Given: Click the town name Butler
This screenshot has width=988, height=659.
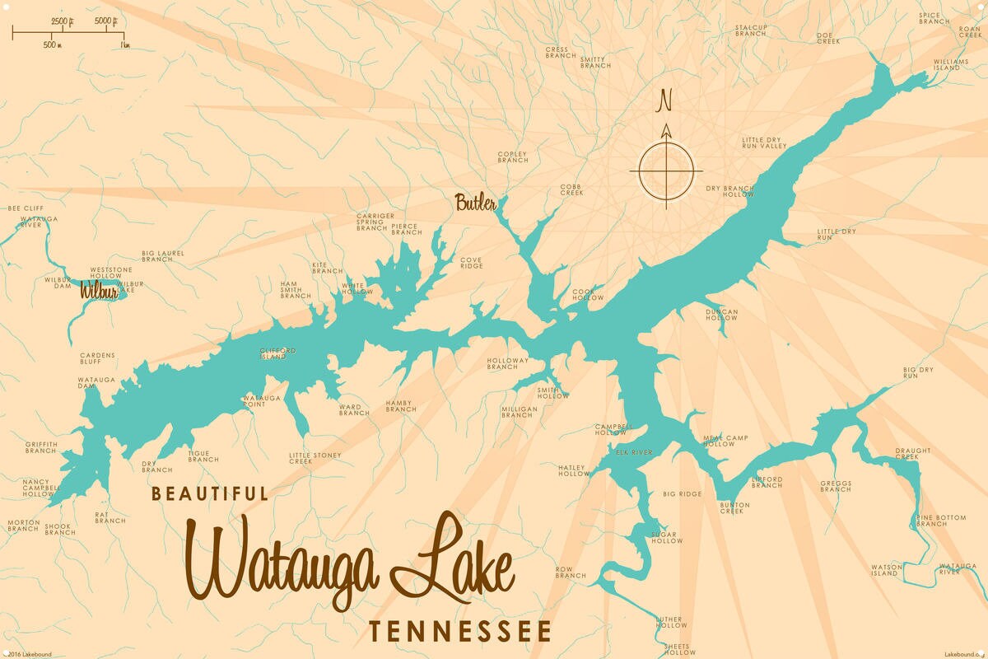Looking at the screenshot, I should click(475, 202).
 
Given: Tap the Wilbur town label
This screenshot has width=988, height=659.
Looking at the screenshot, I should click(99, 292).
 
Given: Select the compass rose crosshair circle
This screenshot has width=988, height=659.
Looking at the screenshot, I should click(666, 171).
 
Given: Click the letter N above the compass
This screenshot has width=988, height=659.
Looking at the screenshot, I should click(665, 101).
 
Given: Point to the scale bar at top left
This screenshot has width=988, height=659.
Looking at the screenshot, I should click(68, 35).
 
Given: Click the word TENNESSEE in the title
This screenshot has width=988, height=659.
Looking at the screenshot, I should click(459, 632).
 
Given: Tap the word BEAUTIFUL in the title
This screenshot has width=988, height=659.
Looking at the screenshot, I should click(210, 494).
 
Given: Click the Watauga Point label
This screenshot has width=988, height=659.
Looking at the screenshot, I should click(262, 401).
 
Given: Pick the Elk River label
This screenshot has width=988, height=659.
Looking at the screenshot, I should click(634, 452).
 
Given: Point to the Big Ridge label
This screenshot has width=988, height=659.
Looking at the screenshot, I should click(683, 494).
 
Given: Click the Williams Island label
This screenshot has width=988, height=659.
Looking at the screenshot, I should click(947, 64).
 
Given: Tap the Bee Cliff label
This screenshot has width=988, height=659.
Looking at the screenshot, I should click(26, 208).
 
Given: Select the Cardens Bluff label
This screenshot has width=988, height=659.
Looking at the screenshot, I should click(97, 358).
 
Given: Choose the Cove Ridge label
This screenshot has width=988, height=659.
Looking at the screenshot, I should click(471, 263).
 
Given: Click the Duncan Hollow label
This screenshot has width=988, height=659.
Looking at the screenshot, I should click(721, 315).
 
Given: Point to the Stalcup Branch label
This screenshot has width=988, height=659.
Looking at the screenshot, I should click(751, 30).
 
